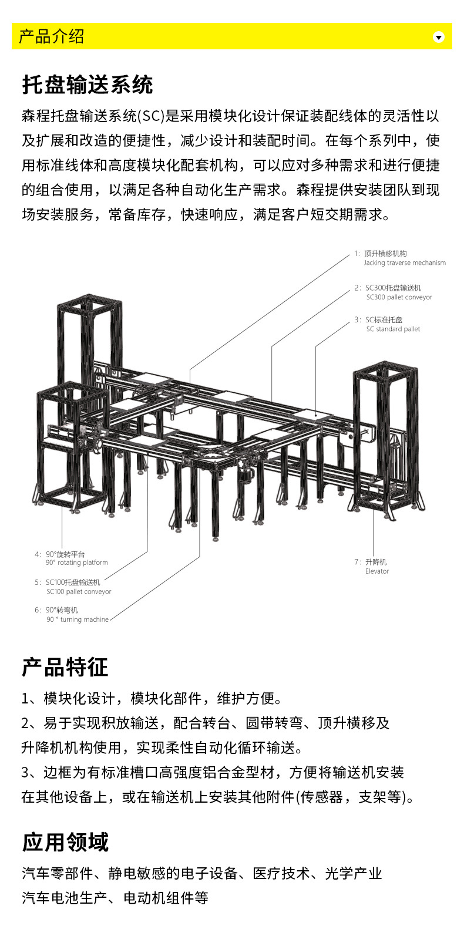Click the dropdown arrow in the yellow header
(438, 37)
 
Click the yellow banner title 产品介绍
(52, 36)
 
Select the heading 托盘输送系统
(88, 85)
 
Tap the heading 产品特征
(65, 667)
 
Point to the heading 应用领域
(65, 842)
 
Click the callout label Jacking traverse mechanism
(405, 262)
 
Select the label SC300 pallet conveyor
(399, 297)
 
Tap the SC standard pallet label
(393, 329)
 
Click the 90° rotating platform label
(76, 563)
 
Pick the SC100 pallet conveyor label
(79, 591)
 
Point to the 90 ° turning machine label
(78, 619)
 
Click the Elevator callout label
(377, 571)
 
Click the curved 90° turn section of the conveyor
(213, 456)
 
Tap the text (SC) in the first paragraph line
(151, 116)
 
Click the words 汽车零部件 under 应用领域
(58, 874)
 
